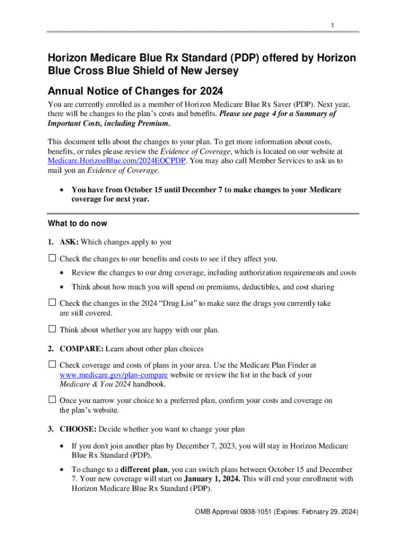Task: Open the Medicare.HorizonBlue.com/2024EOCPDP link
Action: point(116,161)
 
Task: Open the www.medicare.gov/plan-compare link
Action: point(113,375)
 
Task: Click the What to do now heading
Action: point(78,224)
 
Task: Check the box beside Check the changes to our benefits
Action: point(52,258)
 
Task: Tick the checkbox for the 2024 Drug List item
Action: point(52,303)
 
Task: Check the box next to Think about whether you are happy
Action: point(52,330)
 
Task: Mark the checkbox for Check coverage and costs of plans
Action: point(52,364)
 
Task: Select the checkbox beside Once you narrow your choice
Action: point(52,400)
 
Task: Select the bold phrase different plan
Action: point(144,469)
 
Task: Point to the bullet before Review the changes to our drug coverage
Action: point(63,273)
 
